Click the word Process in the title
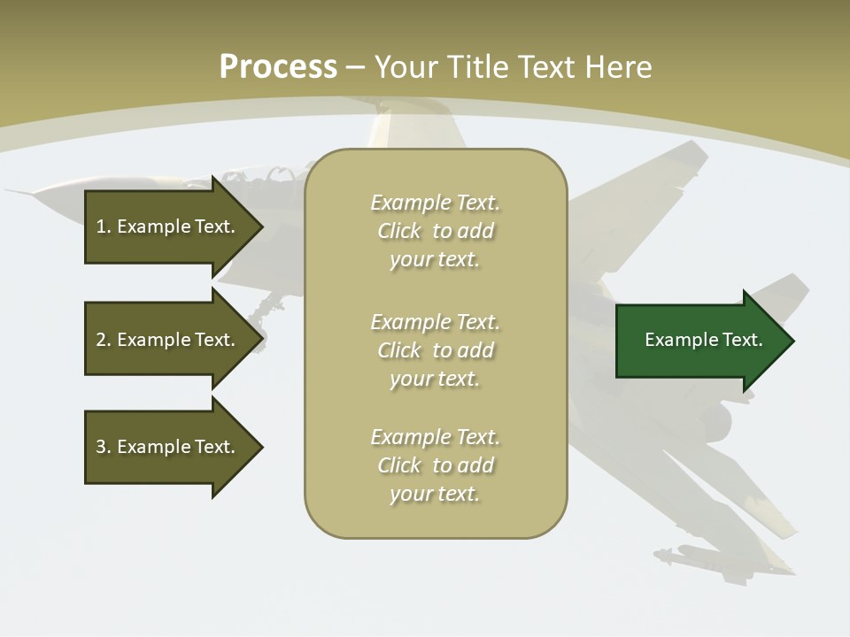(278, 66)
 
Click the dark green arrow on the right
(699, 341)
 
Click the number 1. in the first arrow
(103, 226)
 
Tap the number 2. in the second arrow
(103, 340)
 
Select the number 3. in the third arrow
(103, 447)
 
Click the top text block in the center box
(436, 231)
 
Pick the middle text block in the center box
(436, 350)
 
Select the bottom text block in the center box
(436, 465)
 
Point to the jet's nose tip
(9, 190)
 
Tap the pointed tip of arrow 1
(261, 226)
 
